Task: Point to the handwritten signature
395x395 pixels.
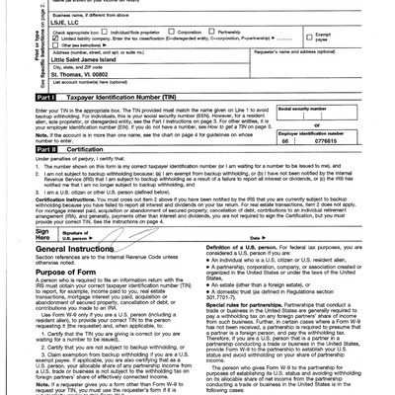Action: coord(138,234)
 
